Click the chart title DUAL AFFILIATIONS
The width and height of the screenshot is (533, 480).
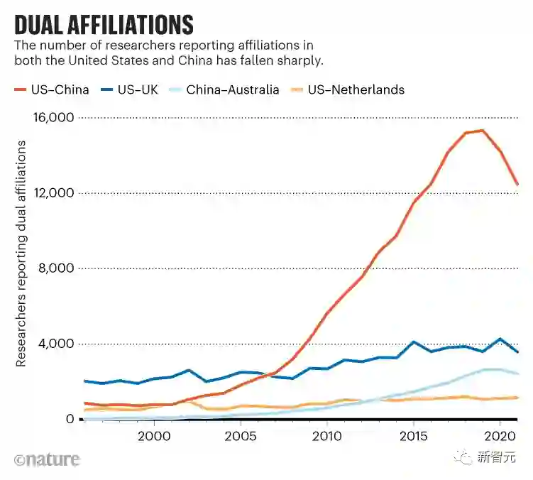(104, 25)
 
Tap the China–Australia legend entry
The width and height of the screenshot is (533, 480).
(233, 89)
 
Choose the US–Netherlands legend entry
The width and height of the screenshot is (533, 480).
(356, 89)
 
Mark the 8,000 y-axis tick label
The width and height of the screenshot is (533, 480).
(56, 268)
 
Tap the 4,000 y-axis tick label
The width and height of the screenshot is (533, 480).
(56, 344)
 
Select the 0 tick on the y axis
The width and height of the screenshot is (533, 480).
(70, 419)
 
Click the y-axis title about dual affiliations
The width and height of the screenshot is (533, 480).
(21, 253)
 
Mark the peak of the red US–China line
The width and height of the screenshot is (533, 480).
(483, 130)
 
